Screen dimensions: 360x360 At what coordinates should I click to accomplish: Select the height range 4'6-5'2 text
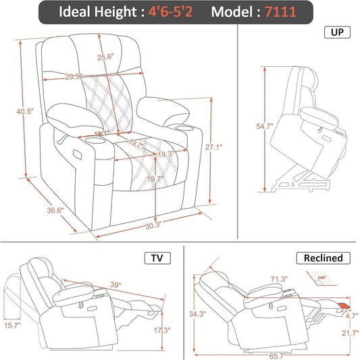click(x=172, y=13)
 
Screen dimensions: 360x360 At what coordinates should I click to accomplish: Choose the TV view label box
click(x=157, y=257)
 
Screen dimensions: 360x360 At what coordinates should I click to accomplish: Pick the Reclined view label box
click(x=323, y=257)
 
